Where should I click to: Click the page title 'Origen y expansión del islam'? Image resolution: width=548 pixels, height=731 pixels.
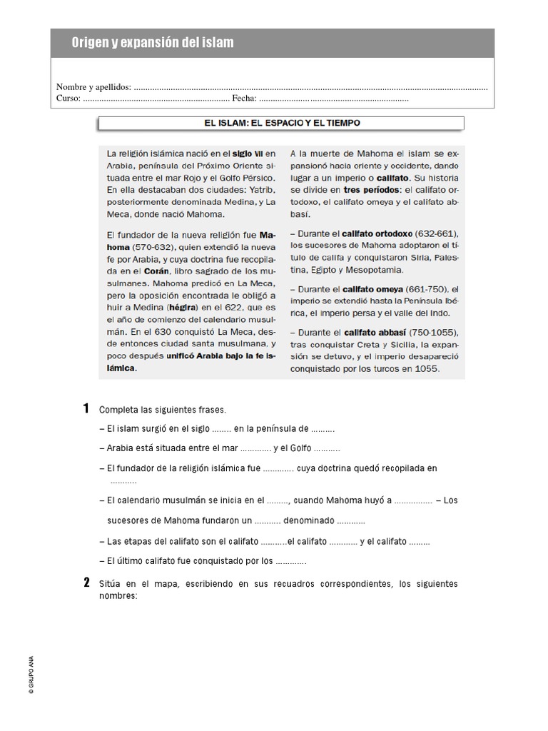(152, 44)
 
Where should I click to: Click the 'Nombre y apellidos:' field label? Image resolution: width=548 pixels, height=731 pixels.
(93, 87)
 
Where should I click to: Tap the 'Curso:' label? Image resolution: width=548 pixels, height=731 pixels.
(68, 99)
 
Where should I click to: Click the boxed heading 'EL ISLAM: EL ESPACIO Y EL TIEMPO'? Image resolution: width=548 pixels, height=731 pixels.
(283, 123)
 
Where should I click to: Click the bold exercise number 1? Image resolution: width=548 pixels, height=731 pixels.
(86, 409)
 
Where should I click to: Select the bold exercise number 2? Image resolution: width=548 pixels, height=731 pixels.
(86, 583)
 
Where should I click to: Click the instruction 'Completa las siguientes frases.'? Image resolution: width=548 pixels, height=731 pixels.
(162, 410)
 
